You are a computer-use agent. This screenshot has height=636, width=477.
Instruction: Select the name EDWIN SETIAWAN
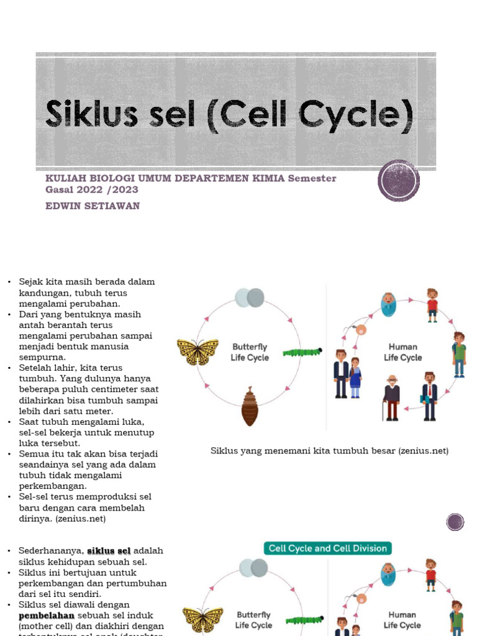click(x=93, y=206)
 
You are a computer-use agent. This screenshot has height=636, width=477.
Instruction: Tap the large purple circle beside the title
click(x=399, y=180)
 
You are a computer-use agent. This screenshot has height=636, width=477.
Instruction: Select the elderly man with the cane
click(x=391, y=397)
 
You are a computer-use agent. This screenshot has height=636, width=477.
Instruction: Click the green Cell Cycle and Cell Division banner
click(x=327, y=548)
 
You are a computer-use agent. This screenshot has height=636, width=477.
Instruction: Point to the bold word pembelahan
click(x=47, y=616)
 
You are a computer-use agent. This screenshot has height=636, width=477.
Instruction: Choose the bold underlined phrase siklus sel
click(x=109, y=551)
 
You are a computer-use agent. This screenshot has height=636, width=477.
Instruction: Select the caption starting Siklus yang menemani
click(x=329, y=450)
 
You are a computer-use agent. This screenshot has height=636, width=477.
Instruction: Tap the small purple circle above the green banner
click(x=455, y=522)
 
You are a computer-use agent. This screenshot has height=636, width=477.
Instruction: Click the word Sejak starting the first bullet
click(x=30, y=282)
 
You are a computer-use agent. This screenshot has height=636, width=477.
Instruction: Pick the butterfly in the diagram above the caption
click(x=198, y=352)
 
